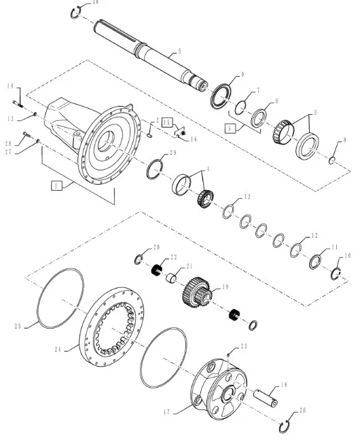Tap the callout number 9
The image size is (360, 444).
(x=223, y=74)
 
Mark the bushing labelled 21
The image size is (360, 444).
(x=174, y=278)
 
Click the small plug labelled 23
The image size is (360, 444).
(x=229, y=353)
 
